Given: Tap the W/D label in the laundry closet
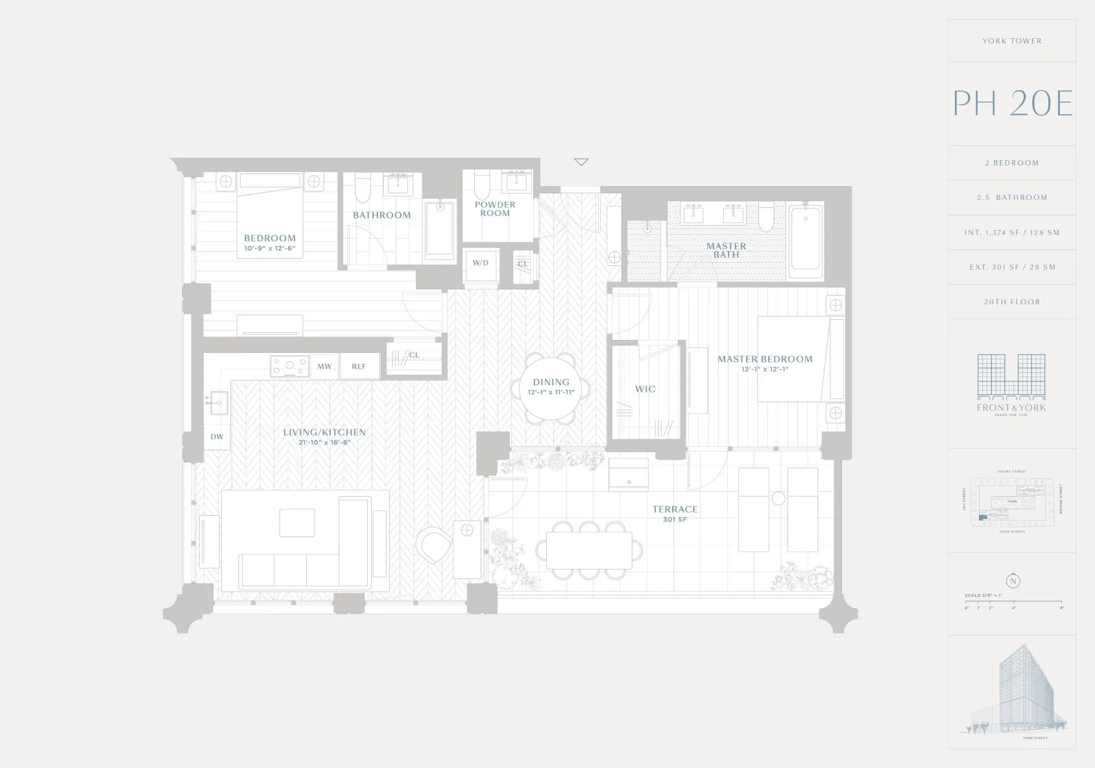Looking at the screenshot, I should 480,263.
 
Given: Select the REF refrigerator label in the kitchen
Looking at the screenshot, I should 359,366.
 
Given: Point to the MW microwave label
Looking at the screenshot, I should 324,366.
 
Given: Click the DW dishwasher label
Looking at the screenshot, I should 217,437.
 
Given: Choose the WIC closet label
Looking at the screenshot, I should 645,389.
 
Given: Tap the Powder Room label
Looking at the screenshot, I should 495,209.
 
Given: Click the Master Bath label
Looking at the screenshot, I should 726,250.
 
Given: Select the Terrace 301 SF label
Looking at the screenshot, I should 675,514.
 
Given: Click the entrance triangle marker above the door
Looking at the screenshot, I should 581,162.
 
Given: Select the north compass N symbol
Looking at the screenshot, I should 1013,581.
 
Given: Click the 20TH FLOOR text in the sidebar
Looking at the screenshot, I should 1012,302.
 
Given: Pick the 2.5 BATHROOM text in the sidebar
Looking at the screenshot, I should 1012,197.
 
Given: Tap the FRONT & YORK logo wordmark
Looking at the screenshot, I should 1011,407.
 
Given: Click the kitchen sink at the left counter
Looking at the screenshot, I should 217,403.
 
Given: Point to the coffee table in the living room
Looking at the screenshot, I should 297,523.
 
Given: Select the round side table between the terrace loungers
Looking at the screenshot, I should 778,498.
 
